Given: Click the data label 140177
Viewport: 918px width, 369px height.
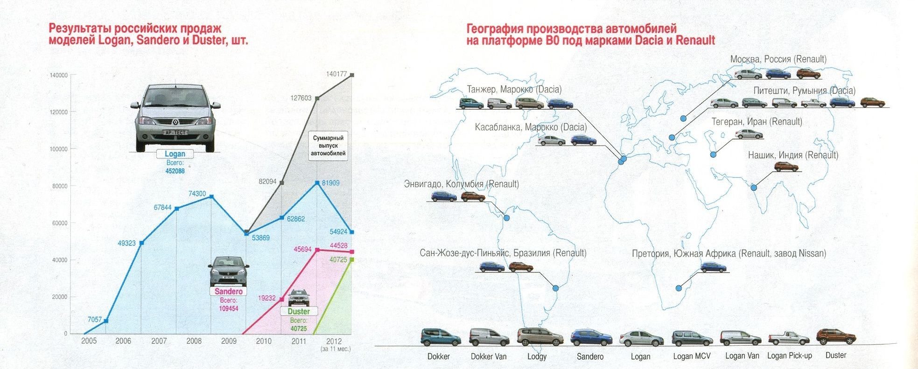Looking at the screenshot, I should tap(336, 74).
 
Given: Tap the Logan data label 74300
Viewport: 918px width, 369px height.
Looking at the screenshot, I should tap(197, 194).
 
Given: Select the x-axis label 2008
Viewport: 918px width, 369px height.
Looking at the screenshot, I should tap(194, 341).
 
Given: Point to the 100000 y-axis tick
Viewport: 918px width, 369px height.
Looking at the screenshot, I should tap(59, 149).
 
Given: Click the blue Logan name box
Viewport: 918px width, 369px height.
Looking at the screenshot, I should tap(175, 154).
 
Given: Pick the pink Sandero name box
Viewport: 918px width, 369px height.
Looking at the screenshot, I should tap(229, 292).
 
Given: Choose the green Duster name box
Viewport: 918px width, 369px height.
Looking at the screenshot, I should tap(299, 311).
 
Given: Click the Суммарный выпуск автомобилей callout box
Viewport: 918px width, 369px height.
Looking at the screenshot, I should tap(328, 146).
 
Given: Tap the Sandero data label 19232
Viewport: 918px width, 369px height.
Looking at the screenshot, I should tap(267, 298).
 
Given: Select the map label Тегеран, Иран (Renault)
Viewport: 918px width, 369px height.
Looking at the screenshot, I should tap(757, 122).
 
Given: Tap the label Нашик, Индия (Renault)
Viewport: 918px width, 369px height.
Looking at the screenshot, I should tap(793, 155).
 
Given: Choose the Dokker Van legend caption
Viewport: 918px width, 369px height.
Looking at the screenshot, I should tap(488, 356).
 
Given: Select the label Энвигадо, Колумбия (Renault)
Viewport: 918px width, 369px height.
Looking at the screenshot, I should tap(461, 184).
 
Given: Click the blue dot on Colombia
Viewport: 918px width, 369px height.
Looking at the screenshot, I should tap(507, 218).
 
